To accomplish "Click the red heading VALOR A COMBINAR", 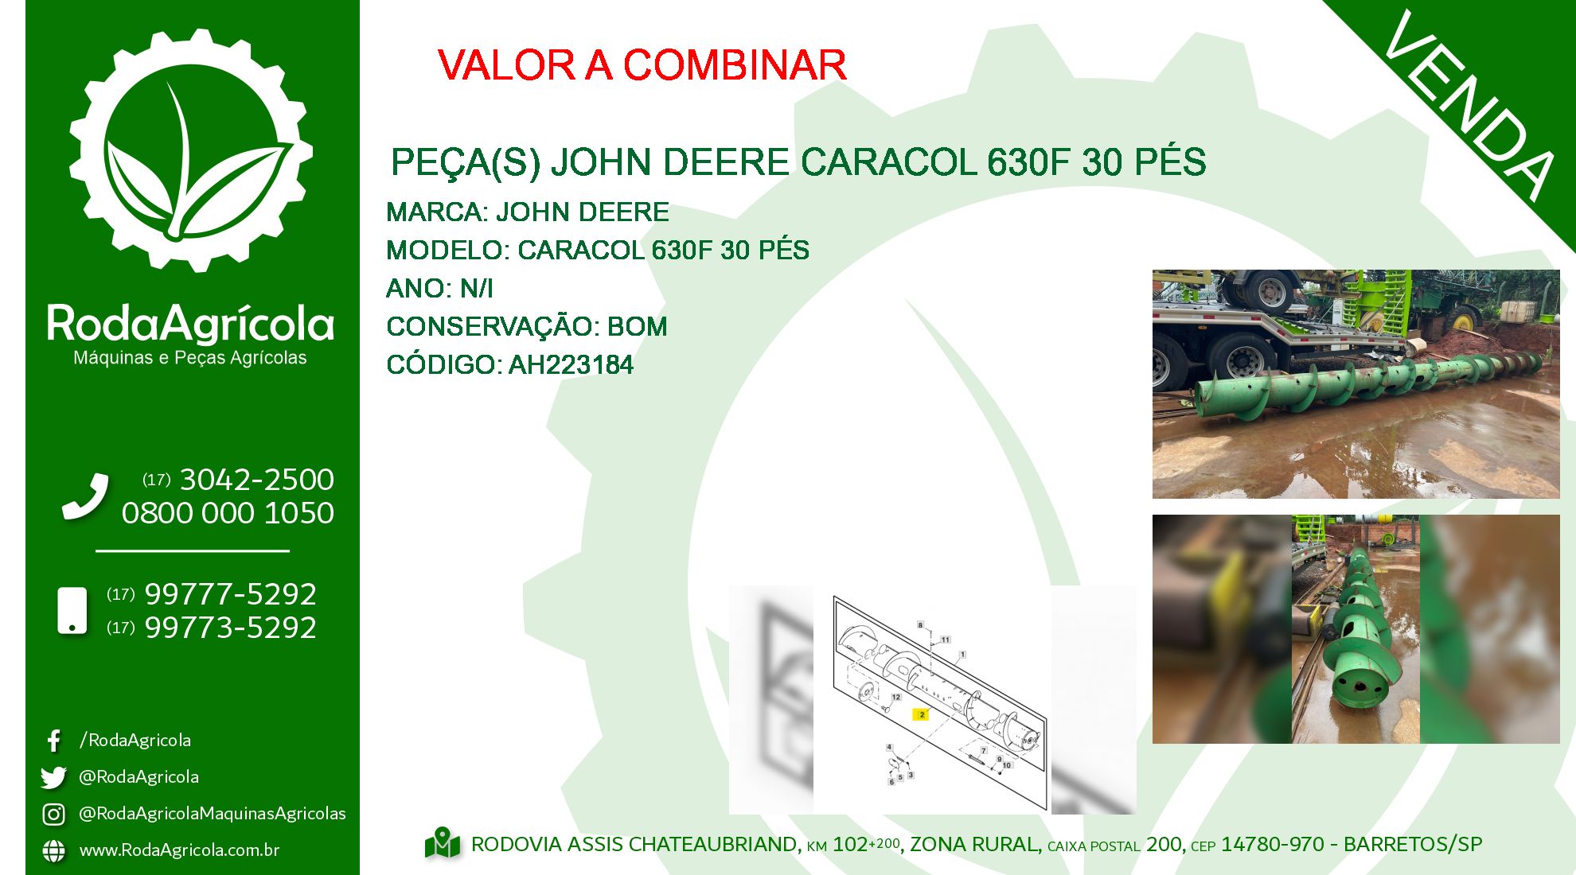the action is point(642,65).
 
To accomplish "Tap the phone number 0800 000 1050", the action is point(228,513).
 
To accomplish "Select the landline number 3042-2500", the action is point(257,480).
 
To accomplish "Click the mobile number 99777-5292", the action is point(231,594).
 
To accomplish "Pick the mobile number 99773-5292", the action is point(231,628).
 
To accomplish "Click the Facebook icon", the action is point(53,741).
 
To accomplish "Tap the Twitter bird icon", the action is point(53,777).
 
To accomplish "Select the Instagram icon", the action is point(53,814).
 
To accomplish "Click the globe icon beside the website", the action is point(53,850).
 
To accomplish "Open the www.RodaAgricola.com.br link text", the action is point(179,850).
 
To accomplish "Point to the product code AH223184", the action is point(571,365).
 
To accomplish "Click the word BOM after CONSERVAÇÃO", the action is point(637,326).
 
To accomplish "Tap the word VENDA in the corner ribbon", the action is point(1469,104).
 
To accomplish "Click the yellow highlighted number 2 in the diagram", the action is point(922,714).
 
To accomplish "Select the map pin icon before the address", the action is point(443,844).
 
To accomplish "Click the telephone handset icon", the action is point(85,497).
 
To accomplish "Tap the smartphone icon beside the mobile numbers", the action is point(72,611).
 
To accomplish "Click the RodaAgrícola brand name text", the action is point(190,324).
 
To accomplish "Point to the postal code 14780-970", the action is point(1272,844).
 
